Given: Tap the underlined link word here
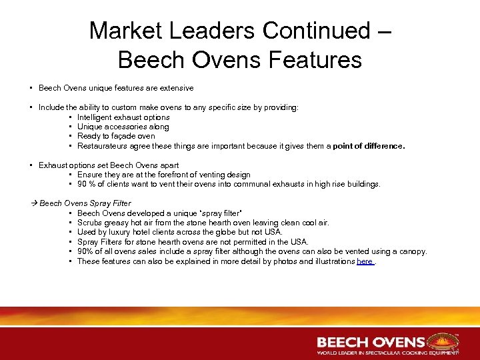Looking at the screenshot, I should click(365, 261).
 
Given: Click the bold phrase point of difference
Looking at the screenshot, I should click(369, 145).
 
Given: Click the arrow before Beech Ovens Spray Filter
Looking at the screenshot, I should click(35, 203).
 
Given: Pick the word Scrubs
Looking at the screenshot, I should click(89, 223).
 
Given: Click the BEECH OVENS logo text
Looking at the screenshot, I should click(370, 342).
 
